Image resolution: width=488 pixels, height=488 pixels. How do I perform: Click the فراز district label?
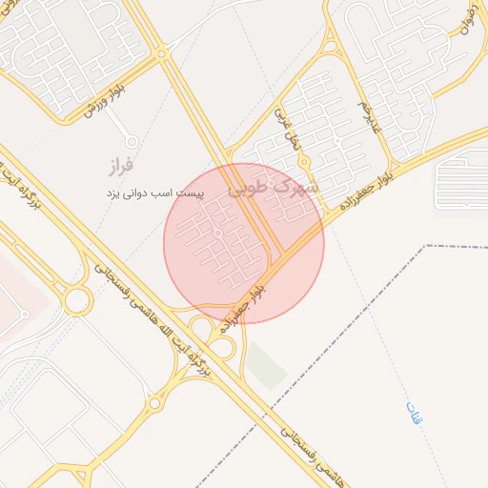118,168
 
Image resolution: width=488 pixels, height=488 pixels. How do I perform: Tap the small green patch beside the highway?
266,366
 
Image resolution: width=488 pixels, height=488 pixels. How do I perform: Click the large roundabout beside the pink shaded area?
76,301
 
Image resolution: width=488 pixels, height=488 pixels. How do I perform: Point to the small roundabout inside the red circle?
218,233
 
